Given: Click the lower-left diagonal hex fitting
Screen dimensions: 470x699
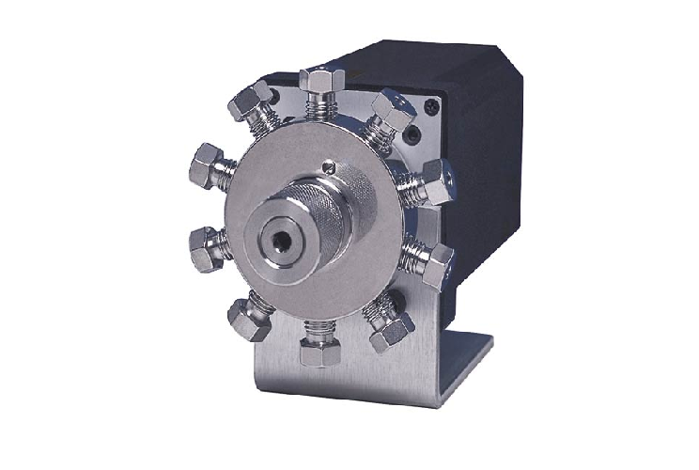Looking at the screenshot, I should coord(249,320).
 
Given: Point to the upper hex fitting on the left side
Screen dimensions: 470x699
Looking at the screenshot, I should coord(209,167).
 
